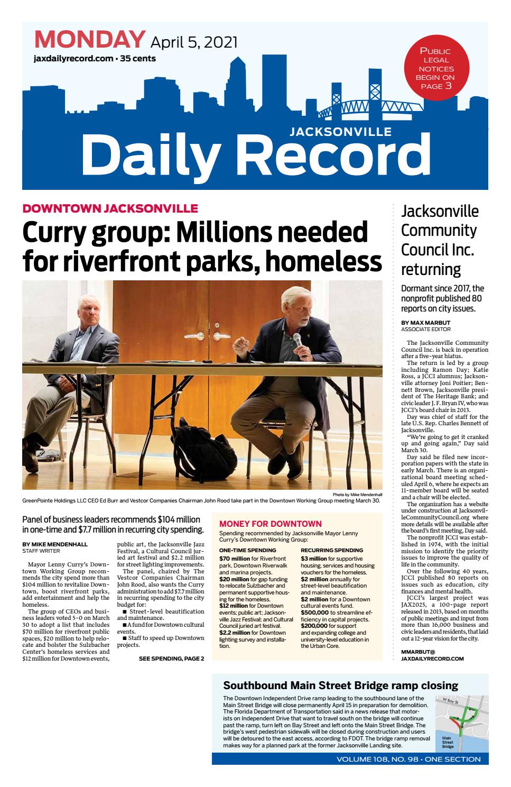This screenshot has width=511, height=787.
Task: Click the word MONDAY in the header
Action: (x=89, y=40)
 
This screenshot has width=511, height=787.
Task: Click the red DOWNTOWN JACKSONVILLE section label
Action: (x=110, y=208)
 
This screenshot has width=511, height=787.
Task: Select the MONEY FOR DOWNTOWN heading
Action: (x=270, y=524)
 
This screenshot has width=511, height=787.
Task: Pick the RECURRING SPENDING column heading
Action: (x=332, y=550)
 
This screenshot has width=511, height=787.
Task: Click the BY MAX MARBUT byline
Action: (x=425, y=323)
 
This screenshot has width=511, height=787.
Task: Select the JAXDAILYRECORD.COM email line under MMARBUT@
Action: (x=432, y=659)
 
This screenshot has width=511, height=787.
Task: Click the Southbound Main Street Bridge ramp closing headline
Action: (x=340, y=685)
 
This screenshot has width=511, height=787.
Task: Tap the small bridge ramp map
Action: (x=459, y=722)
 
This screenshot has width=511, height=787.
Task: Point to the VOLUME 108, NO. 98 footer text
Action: (x=408, y=759)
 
